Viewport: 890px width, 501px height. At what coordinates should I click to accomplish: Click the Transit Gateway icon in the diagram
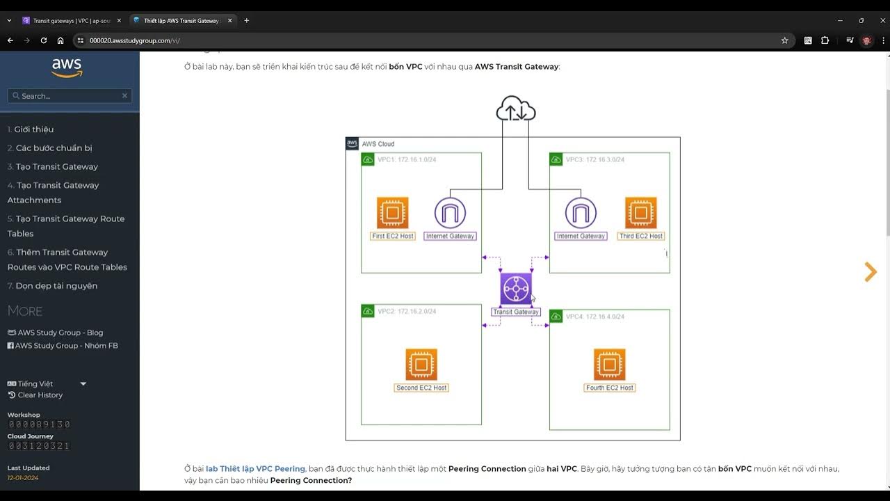point(516,289)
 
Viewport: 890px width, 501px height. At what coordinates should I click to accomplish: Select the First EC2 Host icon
point(393,213)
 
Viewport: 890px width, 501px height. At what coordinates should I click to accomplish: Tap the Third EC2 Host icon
point(640,213)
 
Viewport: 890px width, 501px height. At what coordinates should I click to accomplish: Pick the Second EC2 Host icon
point(421,365)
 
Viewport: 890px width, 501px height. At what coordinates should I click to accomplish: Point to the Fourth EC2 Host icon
point(609,365)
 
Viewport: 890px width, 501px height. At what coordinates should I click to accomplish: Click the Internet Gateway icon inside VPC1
point(450,213)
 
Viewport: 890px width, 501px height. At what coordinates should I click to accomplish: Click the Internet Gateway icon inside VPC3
point(581,213)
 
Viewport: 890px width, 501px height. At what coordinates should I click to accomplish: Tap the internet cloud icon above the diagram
point(516,110)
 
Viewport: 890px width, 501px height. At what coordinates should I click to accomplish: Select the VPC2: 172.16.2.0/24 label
point(407,312)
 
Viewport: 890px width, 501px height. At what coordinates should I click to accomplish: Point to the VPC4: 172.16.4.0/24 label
point(594,317)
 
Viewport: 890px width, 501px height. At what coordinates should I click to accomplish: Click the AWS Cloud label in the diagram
point(378,144)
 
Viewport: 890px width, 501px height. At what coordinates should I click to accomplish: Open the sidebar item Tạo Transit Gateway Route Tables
point(66,226)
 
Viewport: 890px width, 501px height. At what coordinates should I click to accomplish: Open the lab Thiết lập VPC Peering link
point(255,469)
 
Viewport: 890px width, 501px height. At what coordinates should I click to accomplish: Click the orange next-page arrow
point(870,272)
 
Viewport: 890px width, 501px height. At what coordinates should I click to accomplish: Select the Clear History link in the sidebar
point(40,395)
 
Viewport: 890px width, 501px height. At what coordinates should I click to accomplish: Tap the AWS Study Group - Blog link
point(60,333)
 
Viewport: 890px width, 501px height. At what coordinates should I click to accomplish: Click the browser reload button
point(44,40)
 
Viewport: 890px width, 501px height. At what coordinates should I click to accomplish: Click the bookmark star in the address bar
point(785,40)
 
